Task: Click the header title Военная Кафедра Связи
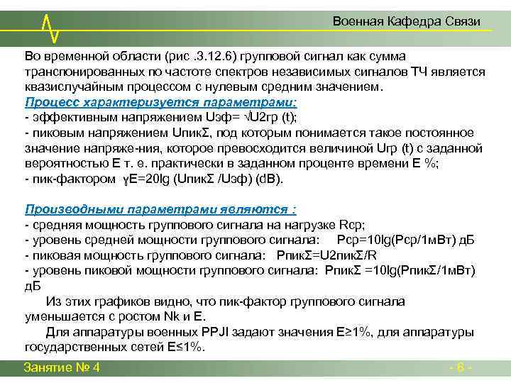[x=407, y=22]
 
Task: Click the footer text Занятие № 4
[x=62, y=367]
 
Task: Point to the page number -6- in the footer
[x=461, y=367]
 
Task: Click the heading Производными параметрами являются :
[x=160, y=209]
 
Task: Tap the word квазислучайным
[x=67, y=87]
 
